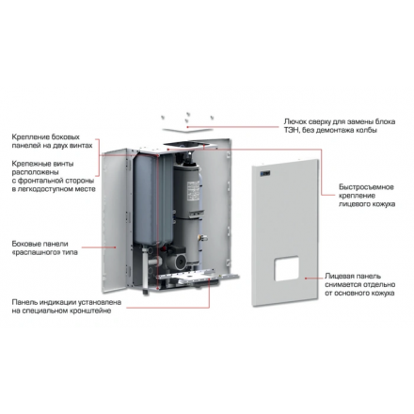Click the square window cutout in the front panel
tap(287, 268)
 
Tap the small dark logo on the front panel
tap(265, 173)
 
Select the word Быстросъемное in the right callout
tap(366, 187)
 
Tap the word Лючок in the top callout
tap(294, 121)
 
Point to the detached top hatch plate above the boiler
tap(187, 129)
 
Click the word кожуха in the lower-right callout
tap(383, 294)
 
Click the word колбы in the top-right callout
tap(367, 130)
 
